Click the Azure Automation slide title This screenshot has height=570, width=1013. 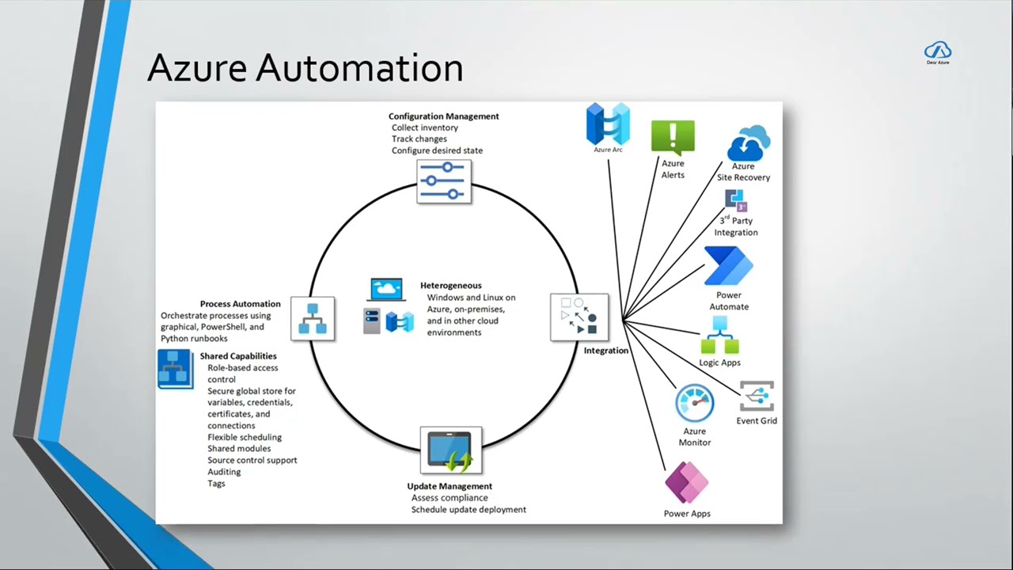pyautogui.click(x=305, y=68)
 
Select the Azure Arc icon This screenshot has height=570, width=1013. pyautogui.click(x=608, y=123)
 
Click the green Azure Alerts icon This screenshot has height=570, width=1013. pyautogui.click(x=673, y=138)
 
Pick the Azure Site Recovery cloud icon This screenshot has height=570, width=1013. pyautogui.click(x=748, y=142)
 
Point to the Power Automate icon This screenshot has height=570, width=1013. pyautogui.click(x=729, y=265)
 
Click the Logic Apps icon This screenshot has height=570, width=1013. pyautogui.click(x=720, y=335)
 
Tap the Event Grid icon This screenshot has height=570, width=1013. pyautogui.click(x=757, y=396)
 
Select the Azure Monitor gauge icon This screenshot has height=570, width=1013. pyautogui.click(x=695, y=403)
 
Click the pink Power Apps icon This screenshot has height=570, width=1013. pyautogui.click(x=686, y=482)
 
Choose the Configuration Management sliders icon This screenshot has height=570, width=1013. pyautogui.click(x=444, y=181)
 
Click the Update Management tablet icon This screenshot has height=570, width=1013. pyautogui.click(x=451, y=450)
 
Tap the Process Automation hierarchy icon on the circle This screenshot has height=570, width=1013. pyautogui.click(x=313, y=318)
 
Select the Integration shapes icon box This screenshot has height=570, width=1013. pyautogui.click(x=579, y=317)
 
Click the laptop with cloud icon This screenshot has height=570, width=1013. pyautogui.click(x=386, y=290)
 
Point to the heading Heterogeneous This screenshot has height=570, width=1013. pyautogui.click(x=451, y=286)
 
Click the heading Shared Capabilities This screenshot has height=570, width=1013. pyautogui.click(x=238, y=356)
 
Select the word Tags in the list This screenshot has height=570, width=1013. pyautogui.click(x=216, y=484)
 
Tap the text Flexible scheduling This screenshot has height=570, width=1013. pyautogui.click(x=245, y=438)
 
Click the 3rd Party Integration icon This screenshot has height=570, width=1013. pyautogui.click(x=736, y=200)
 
